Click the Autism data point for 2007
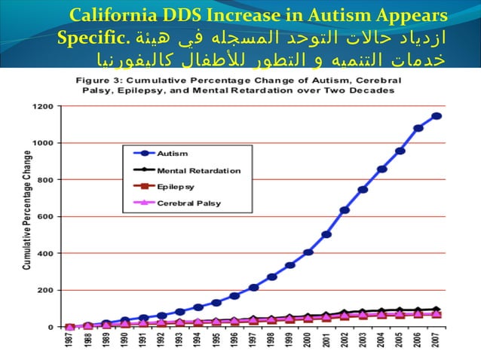(437, 116)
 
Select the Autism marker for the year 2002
(345, 210)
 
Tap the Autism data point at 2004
(382, 169)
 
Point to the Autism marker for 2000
(308, 252)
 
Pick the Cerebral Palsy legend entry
(189, 203)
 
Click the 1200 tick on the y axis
(43, 106)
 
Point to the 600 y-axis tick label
(45, 216)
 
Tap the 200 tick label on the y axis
(45, 290)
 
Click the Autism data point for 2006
(418, 128)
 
